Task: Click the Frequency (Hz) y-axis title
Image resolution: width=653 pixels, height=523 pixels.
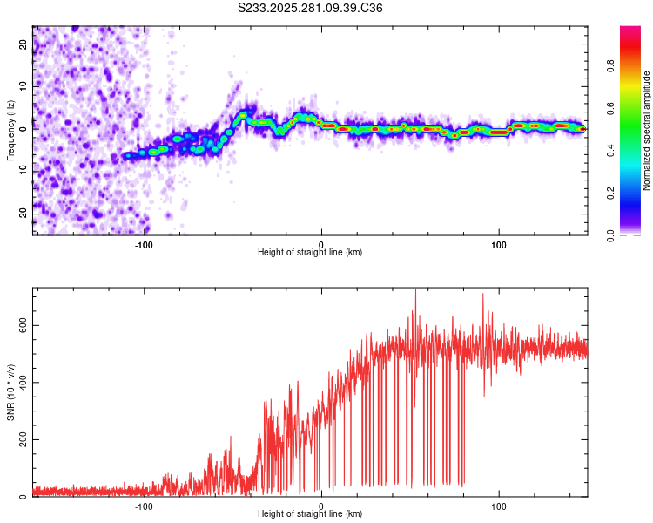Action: click(10, 130)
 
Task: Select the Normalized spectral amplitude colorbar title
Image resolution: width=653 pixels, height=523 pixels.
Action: click(646, 131)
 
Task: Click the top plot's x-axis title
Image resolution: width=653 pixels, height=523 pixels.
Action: click(310, 252)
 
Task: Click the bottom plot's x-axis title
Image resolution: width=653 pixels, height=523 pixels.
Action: click(310, 513)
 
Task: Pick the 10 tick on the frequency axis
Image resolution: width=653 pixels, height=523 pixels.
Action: click(24, 86)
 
